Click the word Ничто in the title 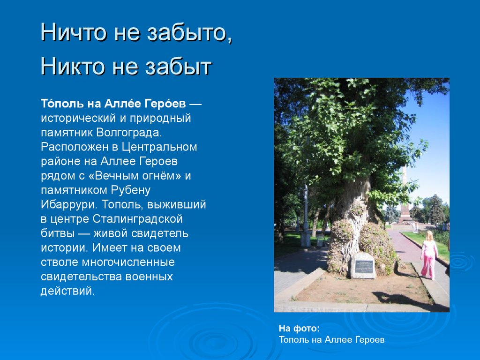pyautogui.click(x=74, y=32)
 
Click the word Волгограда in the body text pyautogui.click(x=129, y=133)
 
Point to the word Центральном pyautogui.click(x=159, y=147)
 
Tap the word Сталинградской pyautogui.click(x=137, y=219)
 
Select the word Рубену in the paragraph pyautogui.click(x=131, y=190)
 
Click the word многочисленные pyautogui.click(x=128, y=262)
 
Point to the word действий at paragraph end pyautogui.click(x=67, y=291)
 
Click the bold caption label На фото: pyautogui.click(x=299, y=329)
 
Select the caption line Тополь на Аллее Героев pyautogui.click(x=331, y=340)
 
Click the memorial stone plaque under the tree pyautogui.click(x=363, y=266)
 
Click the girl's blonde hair pyautogui.click(x=429, y=236)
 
